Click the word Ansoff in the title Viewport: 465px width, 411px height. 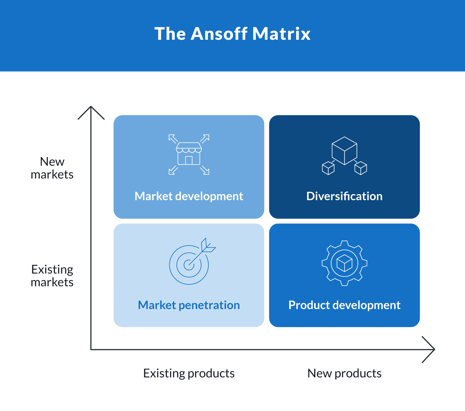(219, 34)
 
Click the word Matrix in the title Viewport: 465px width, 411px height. (281, 34)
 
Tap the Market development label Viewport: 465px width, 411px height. (189, 197)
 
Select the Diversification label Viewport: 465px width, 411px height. (344, 197)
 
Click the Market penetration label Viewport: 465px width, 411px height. (189, 305)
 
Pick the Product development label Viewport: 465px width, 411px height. (344, 305)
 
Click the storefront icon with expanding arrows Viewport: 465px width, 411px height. (189, 154)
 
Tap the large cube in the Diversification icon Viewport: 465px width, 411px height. (344, 150)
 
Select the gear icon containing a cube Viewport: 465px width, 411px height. (344, 263)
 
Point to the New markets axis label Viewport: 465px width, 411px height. (52, 168)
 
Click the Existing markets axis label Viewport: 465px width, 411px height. (52, 276)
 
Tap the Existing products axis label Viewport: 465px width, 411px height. (189, 374)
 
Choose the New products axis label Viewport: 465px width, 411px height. (344, 374)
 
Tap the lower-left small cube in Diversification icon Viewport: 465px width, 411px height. (328, 168)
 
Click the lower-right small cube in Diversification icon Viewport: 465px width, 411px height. (361, 168)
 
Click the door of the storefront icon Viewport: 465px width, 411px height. (189, 161)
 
